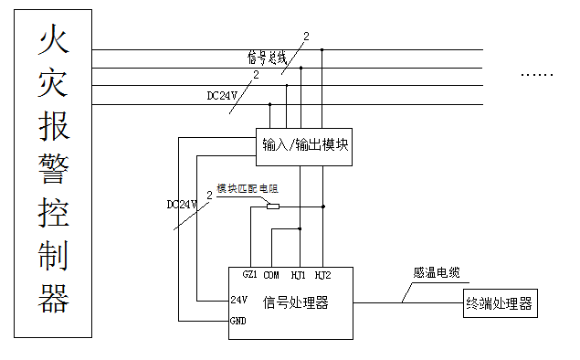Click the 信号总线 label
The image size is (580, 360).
click(x=267, y=57)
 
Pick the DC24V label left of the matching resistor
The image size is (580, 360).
click(x=183, y=203)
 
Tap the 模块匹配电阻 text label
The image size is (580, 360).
click(x=247, y=187)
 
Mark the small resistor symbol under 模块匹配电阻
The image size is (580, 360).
click(x=272, y=206)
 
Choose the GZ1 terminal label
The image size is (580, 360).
click(x=249, y=274)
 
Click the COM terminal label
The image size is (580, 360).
click(x=271, y=274)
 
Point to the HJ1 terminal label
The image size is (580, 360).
click(x=299, y=274)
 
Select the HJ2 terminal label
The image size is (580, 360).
click(x=322, y=274)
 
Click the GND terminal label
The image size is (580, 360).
click(x=238, y=322)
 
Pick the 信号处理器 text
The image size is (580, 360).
click(x=295, y=302)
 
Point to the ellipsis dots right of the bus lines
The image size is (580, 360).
click(x=537, y=73)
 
